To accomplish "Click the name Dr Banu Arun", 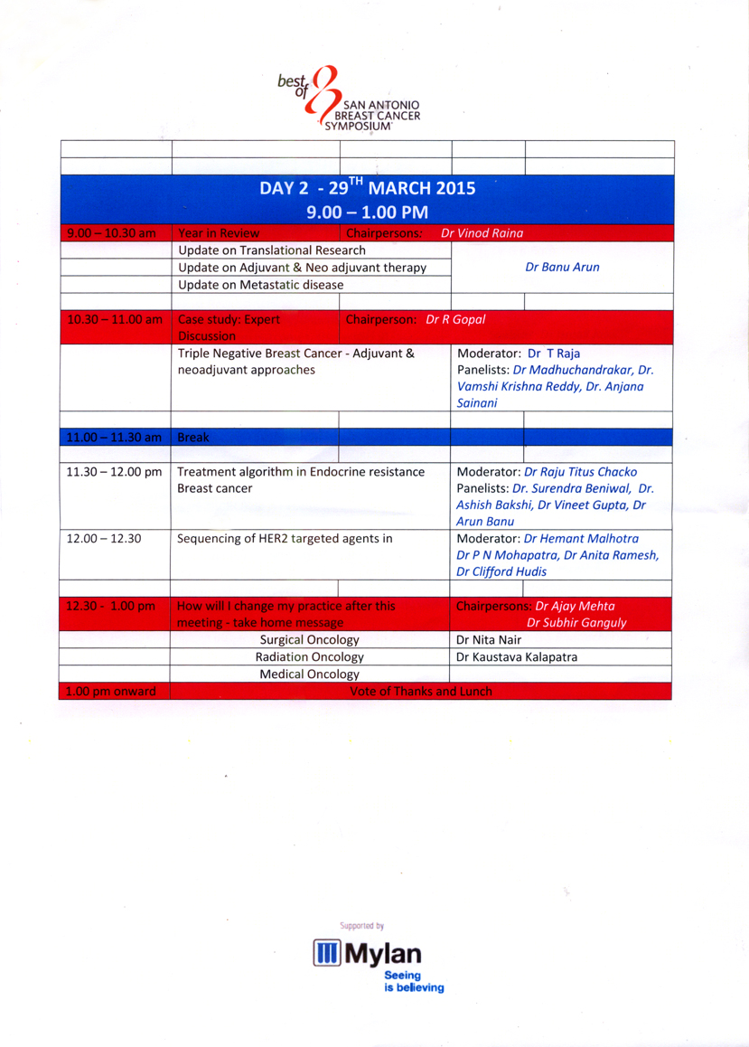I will point(562,268).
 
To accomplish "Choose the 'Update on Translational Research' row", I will point(271,250).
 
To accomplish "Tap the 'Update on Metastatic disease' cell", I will point(260,285).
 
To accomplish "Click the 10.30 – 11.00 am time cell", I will point(113,319).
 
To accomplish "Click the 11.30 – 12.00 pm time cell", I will point(113,472).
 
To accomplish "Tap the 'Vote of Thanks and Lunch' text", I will point(420,692).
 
